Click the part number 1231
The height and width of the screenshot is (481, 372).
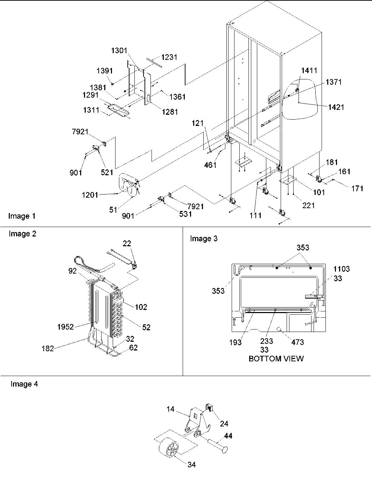click(169, 57)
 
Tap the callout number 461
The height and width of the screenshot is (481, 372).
click(210, 165)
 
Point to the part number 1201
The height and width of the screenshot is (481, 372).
click(90, 195)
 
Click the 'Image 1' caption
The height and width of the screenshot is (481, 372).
click(22, 216)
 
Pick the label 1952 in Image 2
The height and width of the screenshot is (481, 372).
click(65, 327)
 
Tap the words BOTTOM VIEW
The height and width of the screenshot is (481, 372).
click(276, 359)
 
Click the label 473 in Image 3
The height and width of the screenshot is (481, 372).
click(297, 342)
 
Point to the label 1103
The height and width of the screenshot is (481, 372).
click(341, 269)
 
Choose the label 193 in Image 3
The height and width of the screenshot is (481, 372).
click(235, 342)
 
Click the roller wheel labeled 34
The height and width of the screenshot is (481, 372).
click(168, 452)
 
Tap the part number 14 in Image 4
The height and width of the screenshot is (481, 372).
click(170, 409)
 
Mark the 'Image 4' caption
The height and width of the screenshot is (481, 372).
click(24, 384)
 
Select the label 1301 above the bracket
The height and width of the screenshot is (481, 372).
click(120, 51)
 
